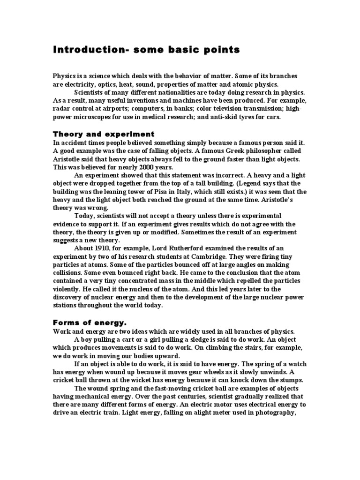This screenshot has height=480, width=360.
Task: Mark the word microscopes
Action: (x=94, y=117)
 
